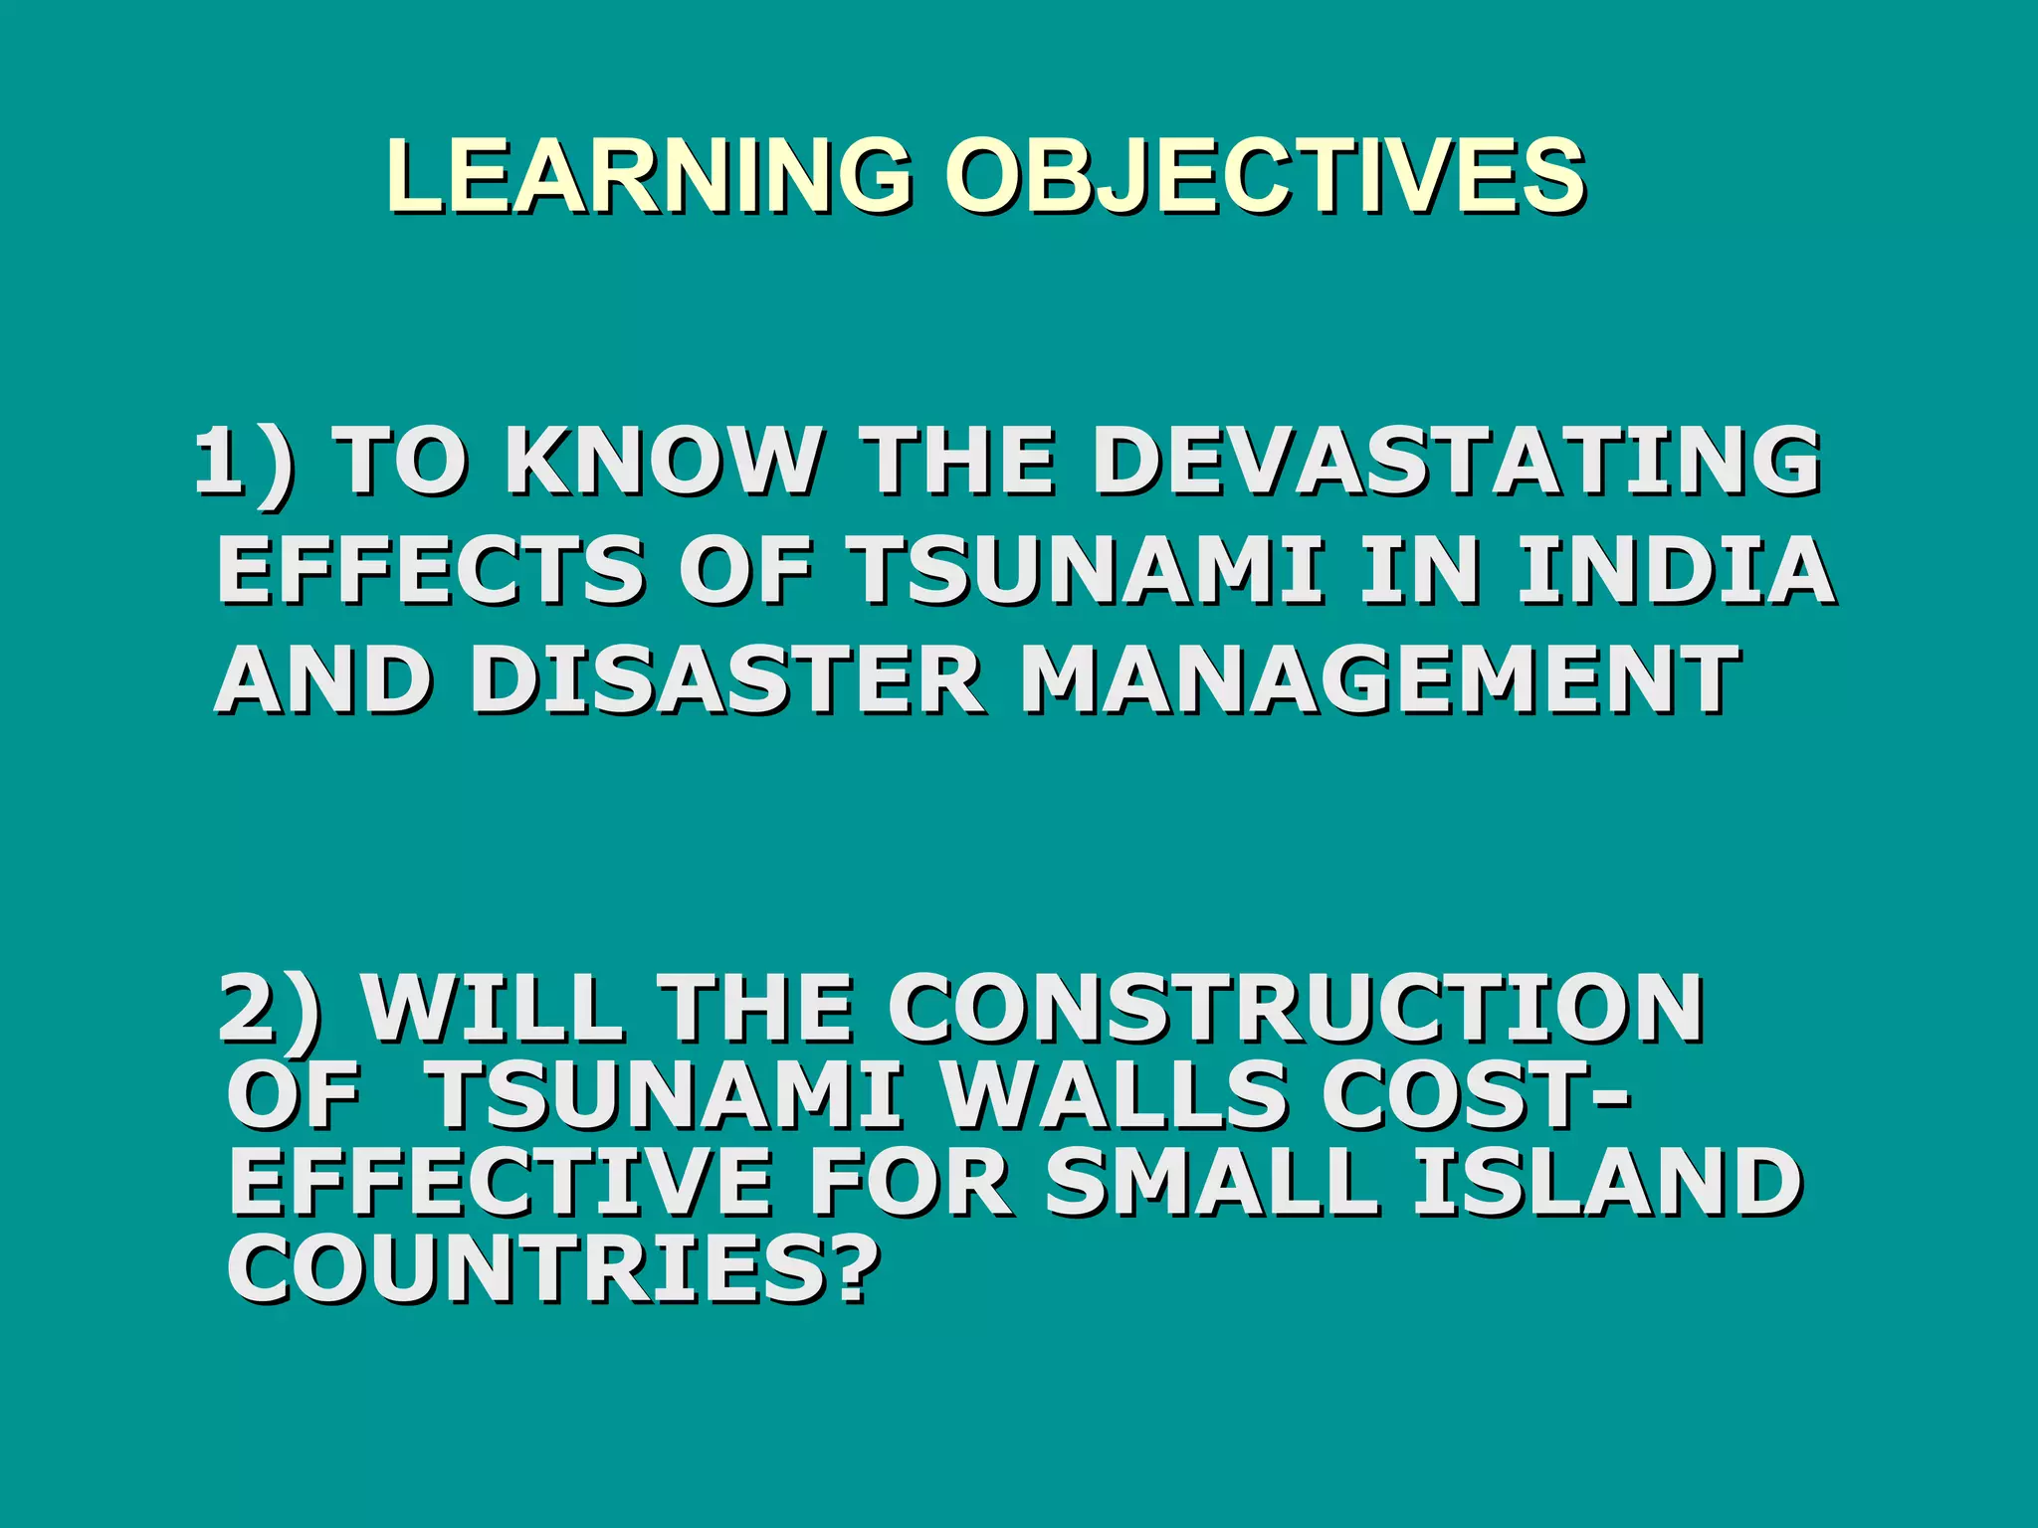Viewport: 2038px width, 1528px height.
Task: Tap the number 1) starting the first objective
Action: [243, 461]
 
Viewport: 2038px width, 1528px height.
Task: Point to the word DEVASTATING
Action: [1458, 461]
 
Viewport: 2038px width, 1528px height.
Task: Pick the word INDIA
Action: [1676, 571]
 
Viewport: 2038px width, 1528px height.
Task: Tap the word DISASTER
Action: [726, 679]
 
